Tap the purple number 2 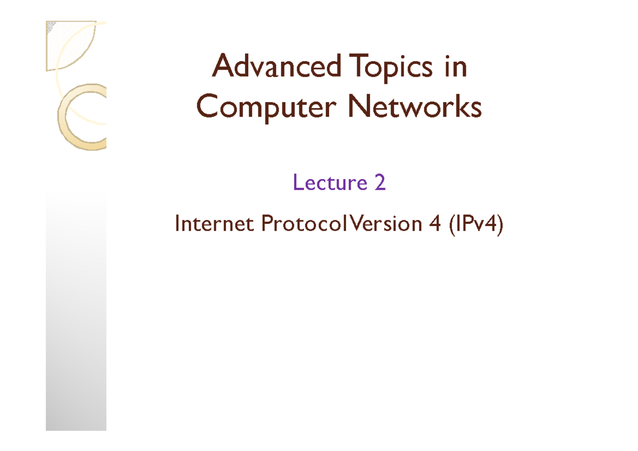[x=380, y=183]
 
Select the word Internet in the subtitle [x=215, y=224]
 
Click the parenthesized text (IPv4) [x=475, y=224]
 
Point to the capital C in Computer [x=207, y=108]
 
